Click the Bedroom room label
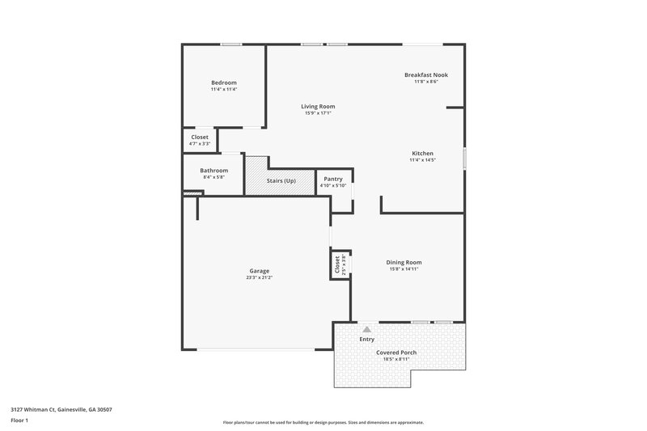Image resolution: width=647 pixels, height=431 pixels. click(x=224, y=82)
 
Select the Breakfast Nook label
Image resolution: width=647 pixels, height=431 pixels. click(x=426, y=75)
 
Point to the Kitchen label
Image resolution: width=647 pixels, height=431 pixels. click(x=422, y=153)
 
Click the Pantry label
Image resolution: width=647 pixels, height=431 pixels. click(x=332, y=179)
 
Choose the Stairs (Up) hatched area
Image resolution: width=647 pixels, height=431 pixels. click(x=281, y=180)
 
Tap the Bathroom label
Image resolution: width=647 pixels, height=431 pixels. click(x=214, y=171)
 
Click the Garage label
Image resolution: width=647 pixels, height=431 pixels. click(x=259, y=271)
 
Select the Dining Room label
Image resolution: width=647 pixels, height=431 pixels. click(x=404, y=262)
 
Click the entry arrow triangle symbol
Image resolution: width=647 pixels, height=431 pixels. click(x=366, y=329)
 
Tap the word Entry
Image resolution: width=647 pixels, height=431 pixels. click(x=367, y=339)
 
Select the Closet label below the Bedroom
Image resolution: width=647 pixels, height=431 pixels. click(x=200, y=137)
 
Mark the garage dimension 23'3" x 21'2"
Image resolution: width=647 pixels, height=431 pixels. click(x=259, y=277)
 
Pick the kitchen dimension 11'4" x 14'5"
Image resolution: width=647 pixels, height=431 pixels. click(x=422, y=160)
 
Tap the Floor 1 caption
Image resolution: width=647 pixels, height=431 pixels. click(x=19, y=421)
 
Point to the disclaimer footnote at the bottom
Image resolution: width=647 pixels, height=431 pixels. click(x=323, y=422)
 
